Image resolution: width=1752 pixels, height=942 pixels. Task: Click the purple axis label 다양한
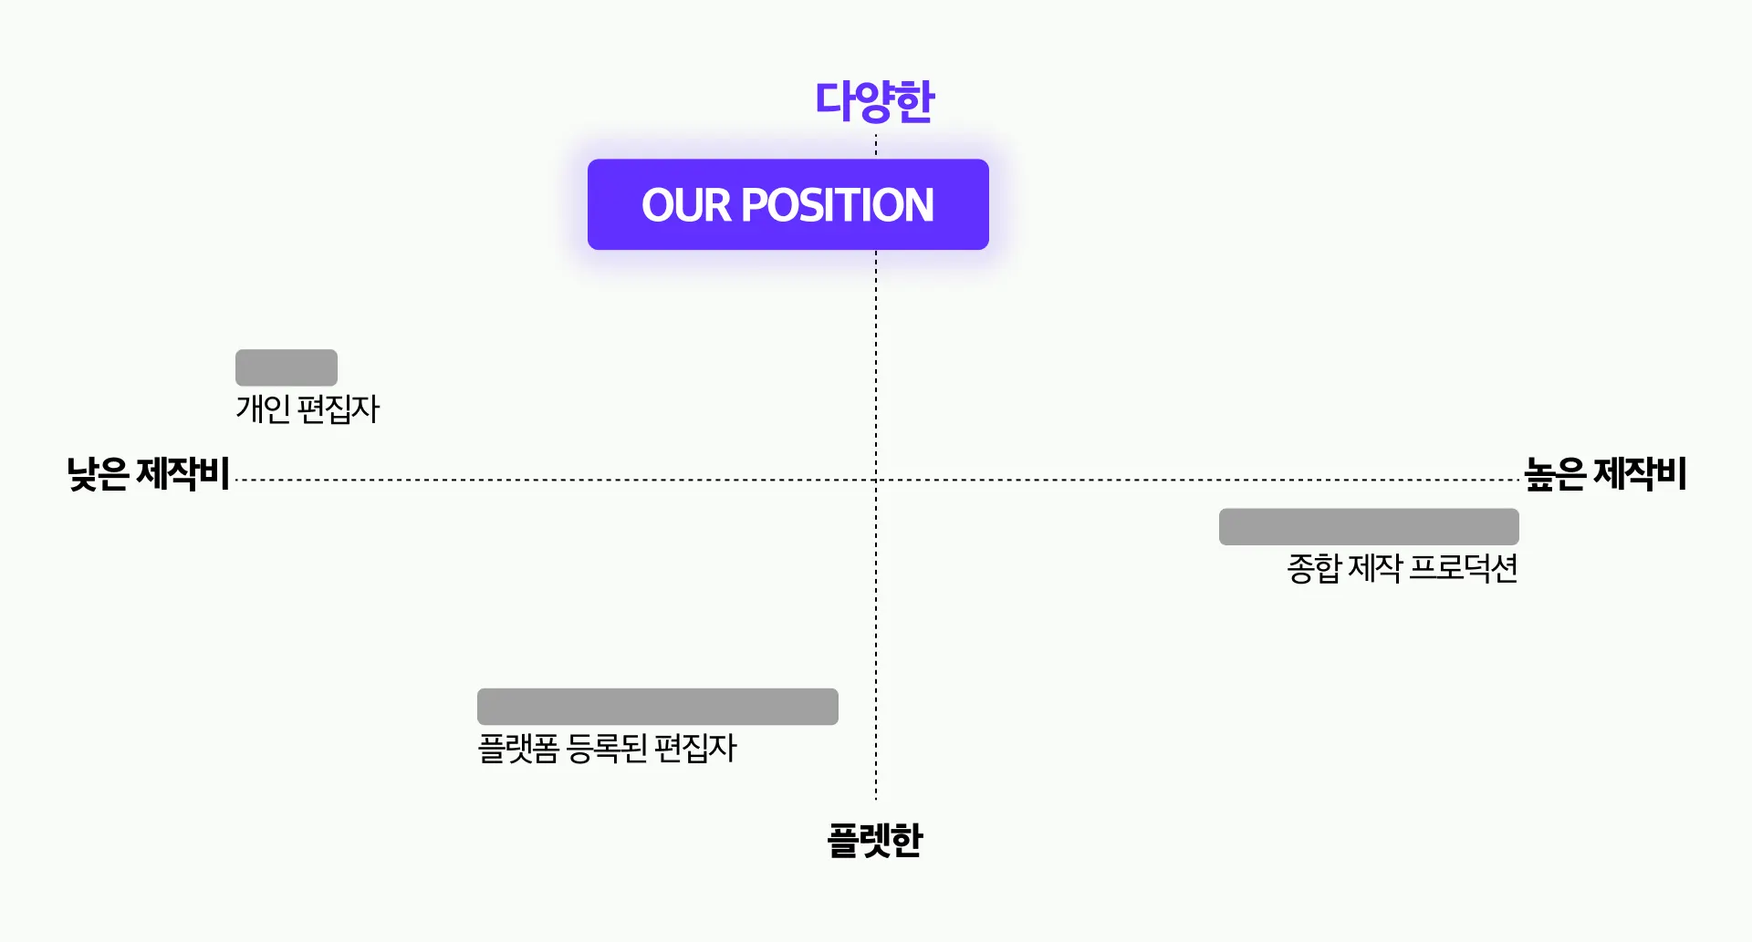coord(874,101)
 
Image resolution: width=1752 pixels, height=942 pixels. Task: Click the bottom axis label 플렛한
coord(874,840)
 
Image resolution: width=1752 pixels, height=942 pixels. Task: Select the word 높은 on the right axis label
coord(1555,474)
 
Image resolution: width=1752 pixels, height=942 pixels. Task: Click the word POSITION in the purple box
coord(838,205)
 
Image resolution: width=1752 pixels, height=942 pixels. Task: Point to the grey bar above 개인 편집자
coord(287,367)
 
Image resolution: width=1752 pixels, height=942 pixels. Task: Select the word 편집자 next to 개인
coord(339,409)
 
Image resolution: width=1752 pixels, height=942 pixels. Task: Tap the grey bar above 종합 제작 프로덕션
coord(1369,527)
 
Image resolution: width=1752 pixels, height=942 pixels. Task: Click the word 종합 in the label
coord(1314,568)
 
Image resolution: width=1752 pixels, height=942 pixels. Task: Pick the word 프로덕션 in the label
coord(1464,568)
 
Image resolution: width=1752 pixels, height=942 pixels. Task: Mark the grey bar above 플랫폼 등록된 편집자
coord(657,707)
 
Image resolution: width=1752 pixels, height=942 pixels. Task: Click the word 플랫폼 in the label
coord(518,749)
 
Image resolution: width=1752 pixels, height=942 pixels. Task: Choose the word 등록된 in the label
coord(607,749)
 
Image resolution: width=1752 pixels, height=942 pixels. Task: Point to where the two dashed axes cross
coord(876,480)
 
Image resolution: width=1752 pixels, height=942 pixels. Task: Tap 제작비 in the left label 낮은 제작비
coord(182,474)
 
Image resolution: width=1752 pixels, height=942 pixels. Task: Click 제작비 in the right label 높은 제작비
coord(1640,474)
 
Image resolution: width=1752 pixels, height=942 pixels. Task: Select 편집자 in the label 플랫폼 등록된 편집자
coord(695,749)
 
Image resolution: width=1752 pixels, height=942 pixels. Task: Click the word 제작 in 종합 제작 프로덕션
coord(1375,568)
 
